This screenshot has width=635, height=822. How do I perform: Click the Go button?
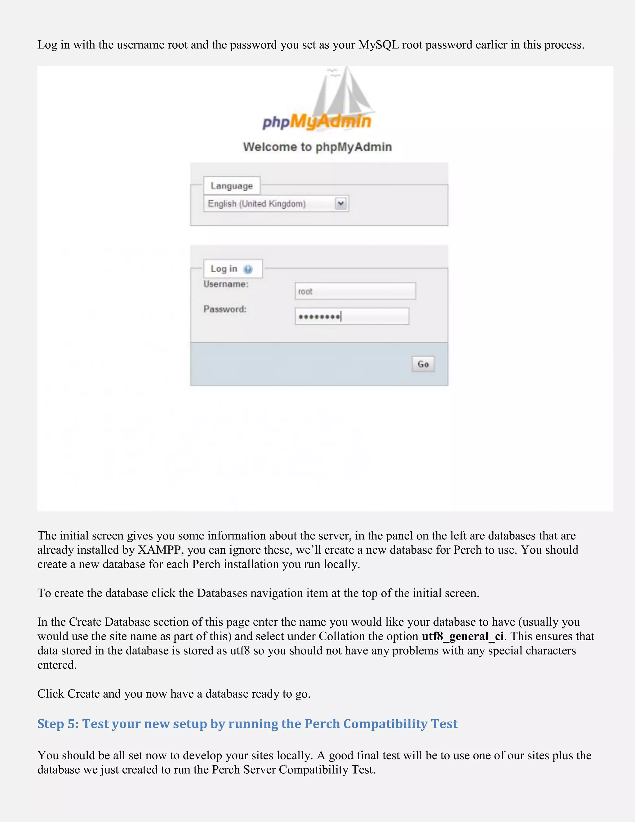423,364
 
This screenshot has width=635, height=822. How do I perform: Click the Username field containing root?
355,291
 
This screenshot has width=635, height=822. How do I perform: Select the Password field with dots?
352,316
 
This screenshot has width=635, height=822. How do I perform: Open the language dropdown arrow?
341,203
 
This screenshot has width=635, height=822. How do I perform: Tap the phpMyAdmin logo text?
317,122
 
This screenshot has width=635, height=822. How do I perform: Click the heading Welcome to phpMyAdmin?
317,147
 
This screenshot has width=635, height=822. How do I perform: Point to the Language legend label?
232,185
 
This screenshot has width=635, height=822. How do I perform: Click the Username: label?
226,284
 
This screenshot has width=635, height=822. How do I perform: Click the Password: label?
224,309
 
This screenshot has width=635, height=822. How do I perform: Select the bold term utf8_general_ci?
462,637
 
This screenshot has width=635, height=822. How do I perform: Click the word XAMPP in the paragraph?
161,550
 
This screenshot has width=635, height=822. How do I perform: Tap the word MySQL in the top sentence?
379,45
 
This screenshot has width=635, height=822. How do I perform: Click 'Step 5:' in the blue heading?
58,724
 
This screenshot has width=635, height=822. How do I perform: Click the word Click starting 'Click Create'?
51,694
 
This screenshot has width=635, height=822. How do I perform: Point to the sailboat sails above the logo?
344,94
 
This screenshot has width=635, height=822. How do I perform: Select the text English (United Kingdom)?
256,203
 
